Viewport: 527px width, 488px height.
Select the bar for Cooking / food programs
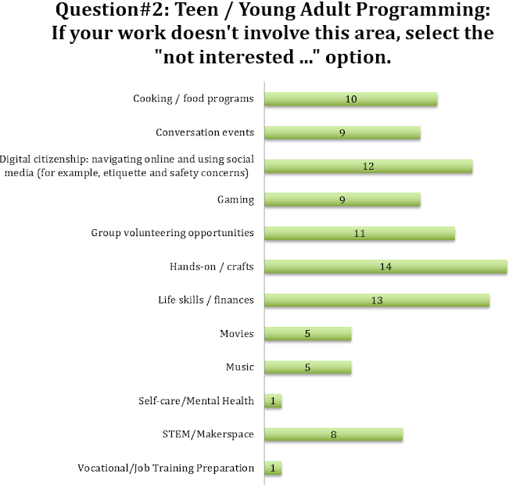(351, 99)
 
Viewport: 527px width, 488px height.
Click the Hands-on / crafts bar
(385, 267)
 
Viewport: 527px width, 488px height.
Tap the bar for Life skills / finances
(377, 300)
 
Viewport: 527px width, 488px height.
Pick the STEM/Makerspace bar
(334, 435)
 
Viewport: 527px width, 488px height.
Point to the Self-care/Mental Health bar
(273, 401)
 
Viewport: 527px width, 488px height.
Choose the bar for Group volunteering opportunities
(360, 233)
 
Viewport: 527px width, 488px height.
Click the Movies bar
(308, 334)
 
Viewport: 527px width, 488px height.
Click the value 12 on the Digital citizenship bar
(368, 166)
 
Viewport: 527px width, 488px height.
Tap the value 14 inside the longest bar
(385, 267)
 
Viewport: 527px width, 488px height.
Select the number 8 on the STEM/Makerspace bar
(333, 435)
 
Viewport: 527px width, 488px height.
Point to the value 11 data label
(360, 233)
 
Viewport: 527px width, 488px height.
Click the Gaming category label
(235, 199)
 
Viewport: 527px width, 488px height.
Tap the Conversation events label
(205, 132)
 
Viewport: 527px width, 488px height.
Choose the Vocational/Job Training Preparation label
(166, 468)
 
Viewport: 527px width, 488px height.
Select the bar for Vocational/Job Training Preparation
(273, 468)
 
